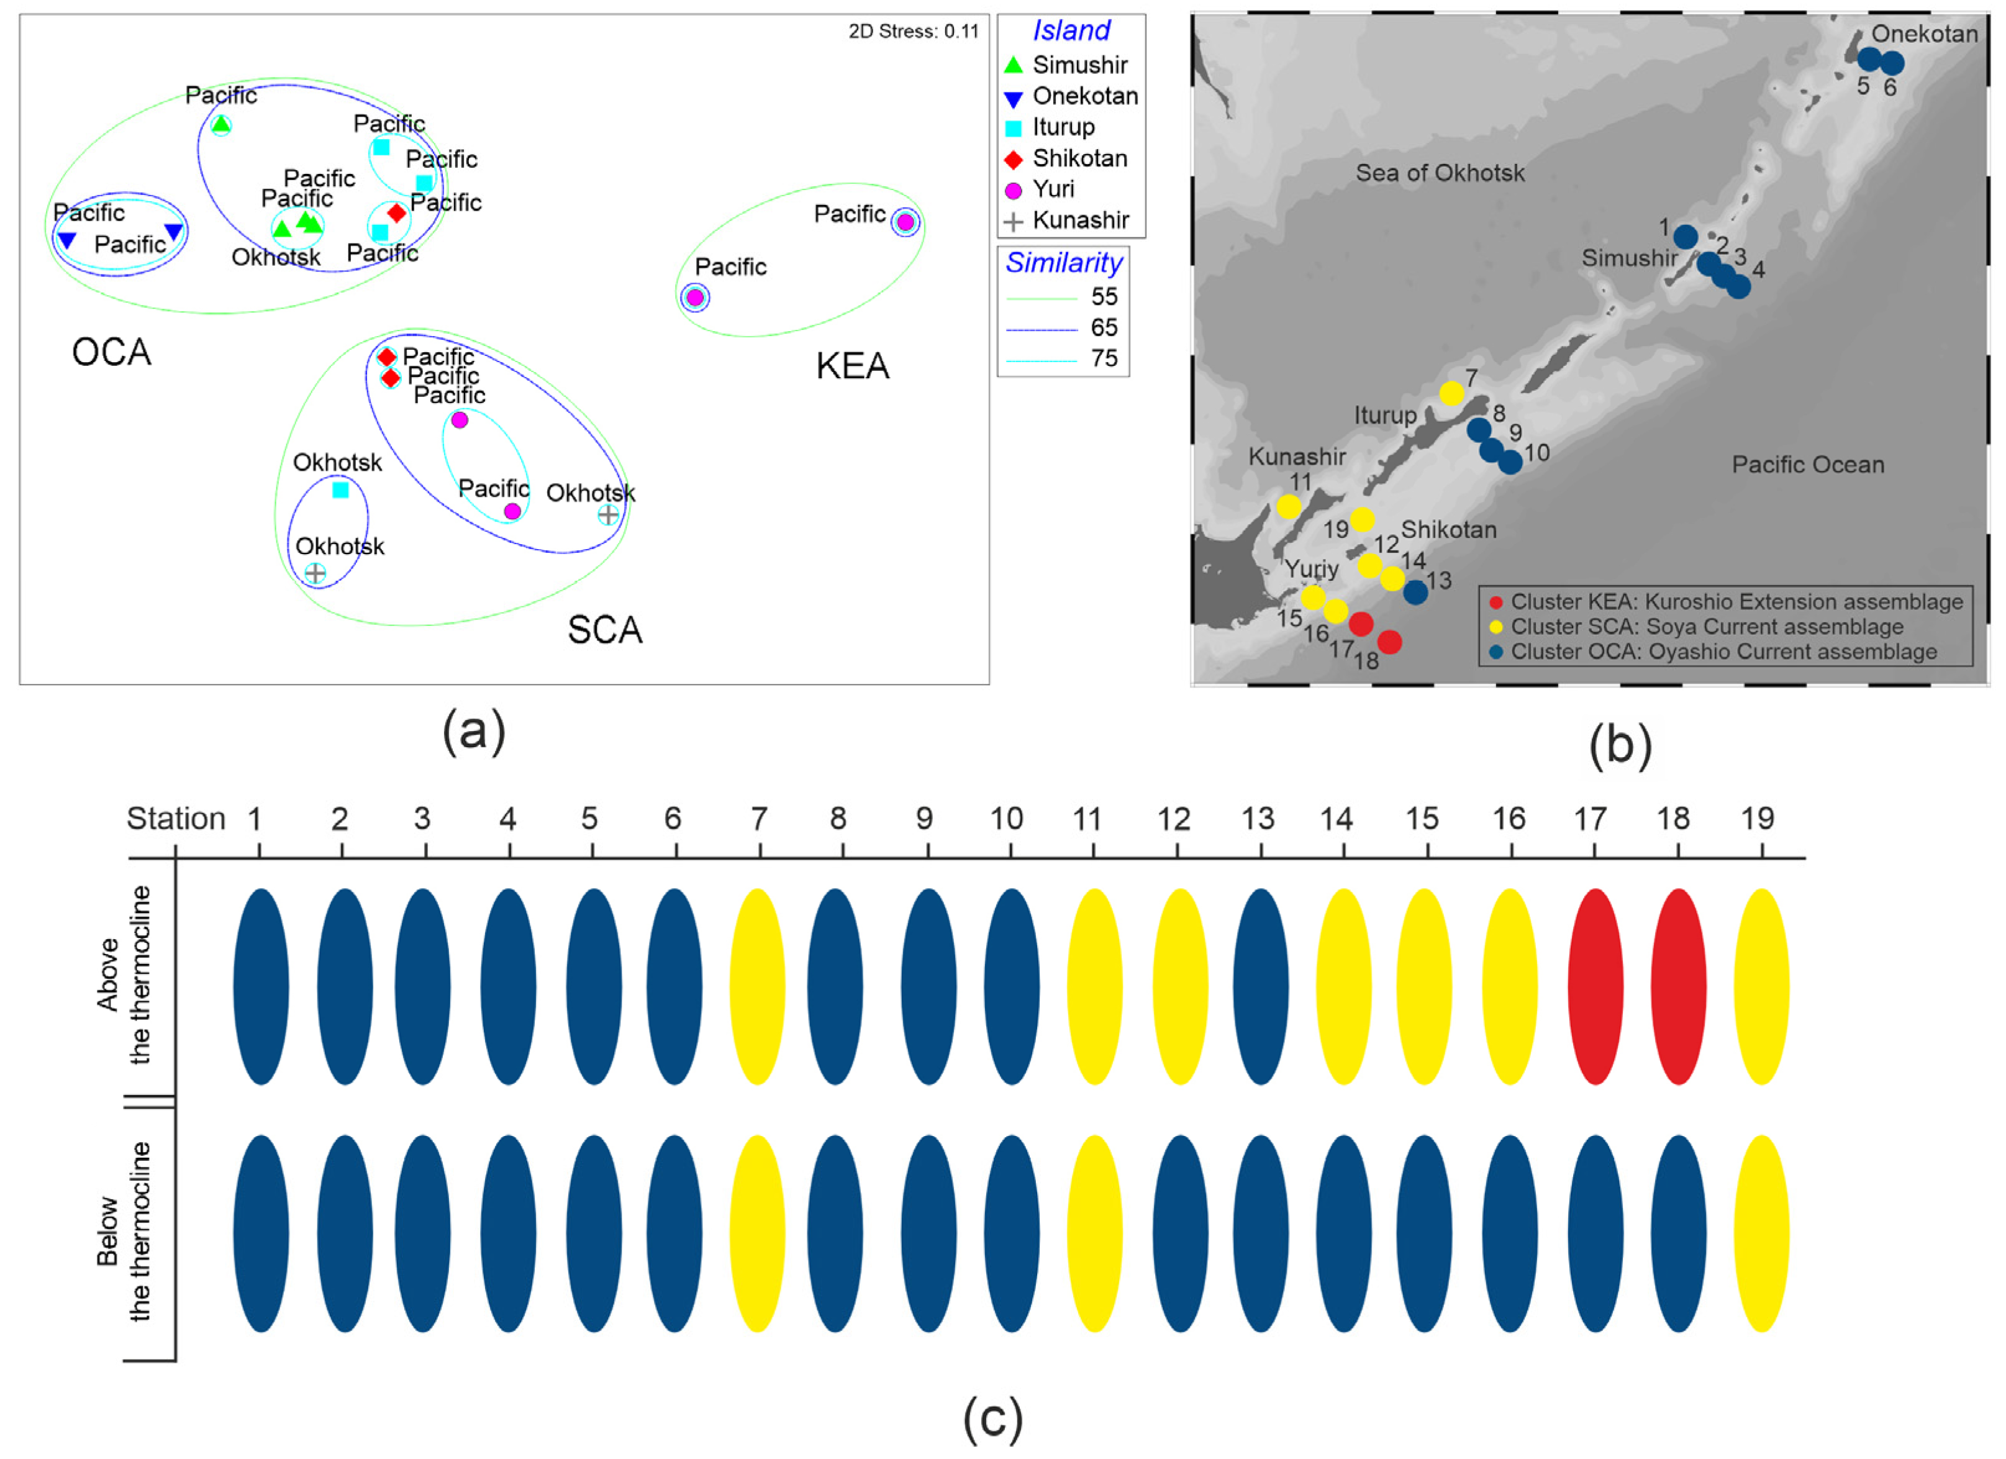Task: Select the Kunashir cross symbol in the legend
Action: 1014,221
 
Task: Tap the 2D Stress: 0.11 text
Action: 913,32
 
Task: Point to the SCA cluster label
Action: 605,630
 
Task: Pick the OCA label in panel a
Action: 111,352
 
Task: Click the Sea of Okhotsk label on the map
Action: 1440,173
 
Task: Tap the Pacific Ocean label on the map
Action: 1807,465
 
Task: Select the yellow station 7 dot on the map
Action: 1451,393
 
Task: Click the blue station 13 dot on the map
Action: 1415,592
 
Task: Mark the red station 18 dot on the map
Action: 1389,642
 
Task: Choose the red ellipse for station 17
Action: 1595,986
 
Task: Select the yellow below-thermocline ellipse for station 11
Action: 1094,1234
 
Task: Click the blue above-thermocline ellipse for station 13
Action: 1260,986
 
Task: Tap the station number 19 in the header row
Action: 1758,819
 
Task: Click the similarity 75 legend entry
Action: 1104,358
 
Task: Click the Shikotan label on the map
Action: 1449,530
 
